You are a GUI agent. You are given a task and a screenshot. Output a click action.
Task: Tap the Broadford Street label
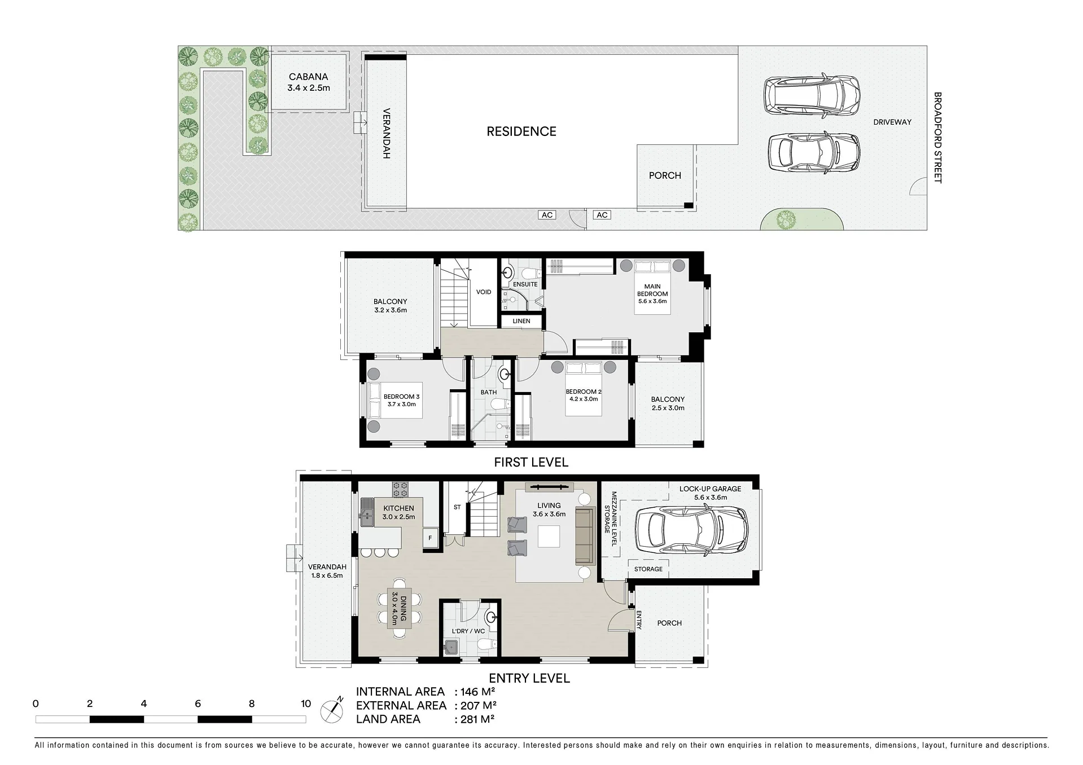tap(938, 138)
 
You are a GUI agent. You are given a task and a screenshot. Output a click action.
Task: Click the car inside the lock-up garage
tap(692, 529)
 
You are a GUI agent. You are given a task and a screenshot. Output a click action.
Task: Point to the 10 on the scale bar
tap(305, 704)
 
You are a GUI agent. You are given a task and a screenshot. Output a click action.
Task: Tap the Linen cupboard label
tap(521, 321)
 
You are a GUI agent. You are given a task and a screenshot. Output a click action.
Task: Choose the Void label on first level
tap(484, 292)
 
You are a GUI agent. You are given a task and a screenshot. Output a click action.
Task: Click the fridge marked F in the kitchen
tap(430, 538)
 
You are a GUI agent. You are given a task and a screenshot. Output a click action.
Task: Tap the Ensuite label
tap(525, 284)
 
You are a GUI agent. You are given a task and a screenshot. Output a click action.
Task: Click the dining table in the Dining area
tap(400, 609)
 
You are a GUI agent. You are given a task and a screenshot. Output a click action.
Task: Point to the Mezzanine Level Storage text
tap(611, 519)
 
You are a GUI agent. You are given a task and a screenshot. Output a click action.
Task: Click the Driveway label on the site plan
tap(892, 122)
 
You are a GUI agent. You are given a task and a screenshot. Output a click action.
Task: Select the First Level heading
tap(531, 463)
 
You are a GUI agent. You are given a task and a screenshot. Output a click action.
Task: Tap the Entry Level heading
tap(529, 678)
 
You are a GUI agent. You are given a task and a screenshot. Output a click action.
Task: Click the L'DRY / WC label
tap(468, 631)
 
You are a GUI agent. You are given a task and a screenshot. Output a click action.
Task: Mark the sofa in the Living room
tap(585, 536)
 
